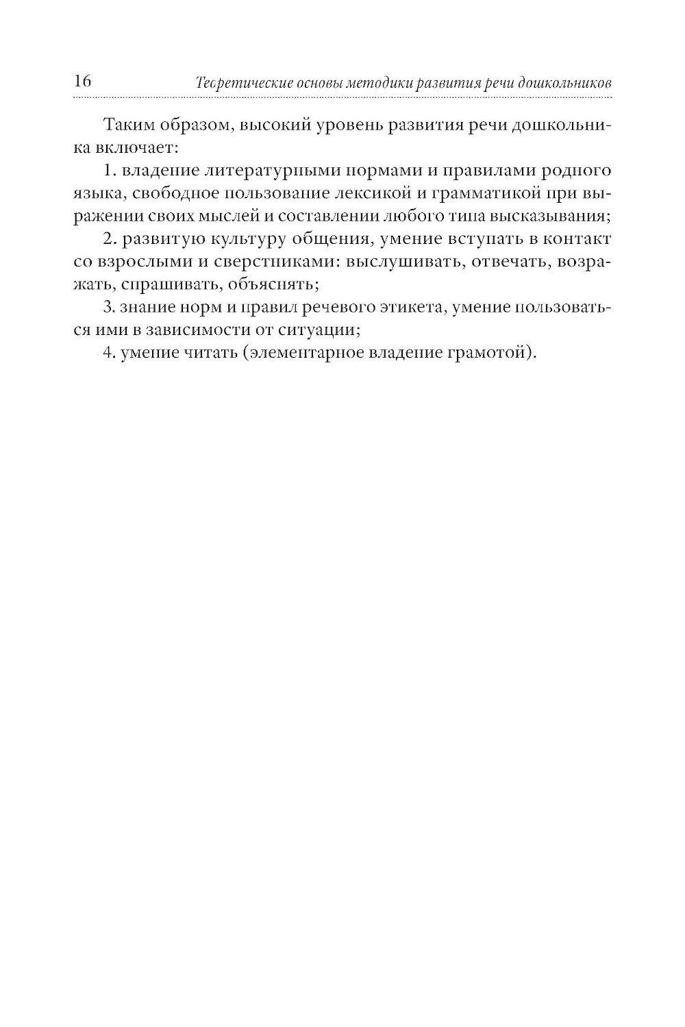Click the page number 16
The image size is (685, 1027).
pyautogui.click(x=82, y=82)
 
